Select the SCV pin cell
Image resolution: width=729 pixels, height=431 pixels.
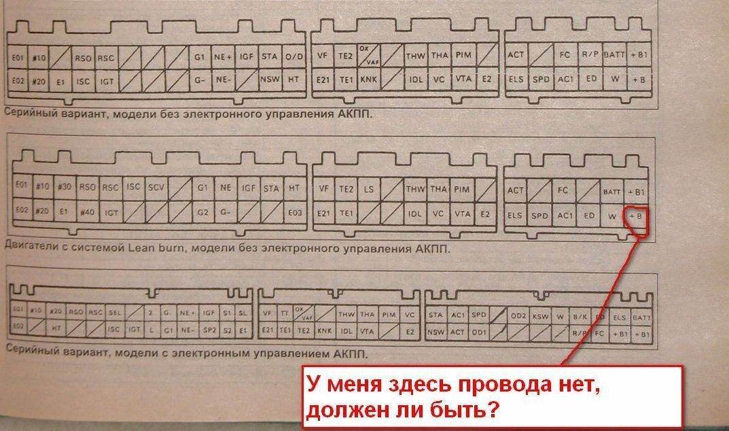157,186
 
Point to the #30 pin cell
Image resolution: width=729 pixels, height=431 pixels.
65,186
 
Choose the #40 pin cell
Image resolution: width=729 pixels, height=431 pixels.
88,211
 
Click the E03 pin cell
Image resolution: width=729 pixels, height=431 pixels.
294,212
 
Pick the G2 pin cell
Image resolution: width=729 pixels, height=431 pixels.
201,211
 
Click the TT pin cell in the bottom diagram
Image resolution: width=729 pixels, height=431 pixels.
284,313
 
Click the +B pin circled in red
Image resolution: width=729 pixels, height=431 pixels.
636,216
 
